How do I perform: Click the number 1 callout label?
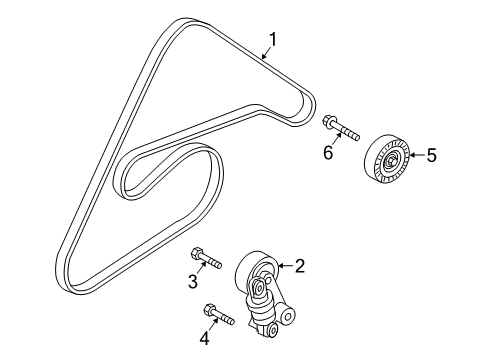(x=269, y=42)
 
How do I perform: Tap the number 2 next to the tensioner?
(x=298, y=265)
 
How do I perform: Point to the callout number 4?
(x=204, y=337)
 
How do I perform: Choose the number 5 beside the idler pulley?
(x=432, y=155)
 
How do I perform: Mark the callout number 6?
(x=326, y=153)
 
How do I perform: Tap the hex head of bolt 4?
(x=210, y=309)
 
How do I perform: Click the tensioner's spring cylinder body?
(x=258, y=273)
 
